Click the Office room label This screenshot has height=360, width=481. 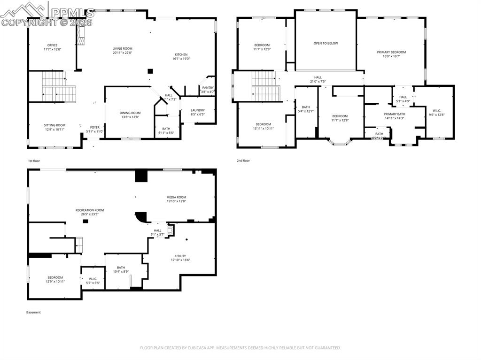click(52, 45)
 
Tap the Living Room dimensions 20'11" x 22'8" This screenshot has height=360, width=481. click(122, 53)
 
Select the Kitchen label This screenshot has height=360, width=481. click(181, 54)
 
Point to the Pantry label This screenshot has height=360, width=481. click(208, 87)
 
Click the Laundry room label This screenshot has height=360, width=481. click(197, 110)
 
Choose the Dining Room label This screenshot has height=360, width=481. click(130, 113)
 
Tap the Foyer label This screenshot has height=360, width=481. click(95, 127)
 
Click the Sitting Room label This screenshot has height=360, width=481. click(54, 125)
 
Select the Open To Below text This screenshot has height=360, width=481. click(326, 43)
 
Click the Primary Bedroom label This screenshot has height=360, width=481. click(391, 52)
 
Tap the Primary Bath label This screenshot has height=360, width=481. click(394, 114)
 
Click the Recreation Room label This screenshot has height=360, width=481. click(90, 210)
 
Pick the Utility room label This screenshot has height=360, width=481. click(180, 256)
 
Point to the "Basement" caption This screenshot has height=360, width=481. click(33, 312)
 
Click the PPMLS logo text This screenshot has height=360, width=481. click(73, 12)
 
